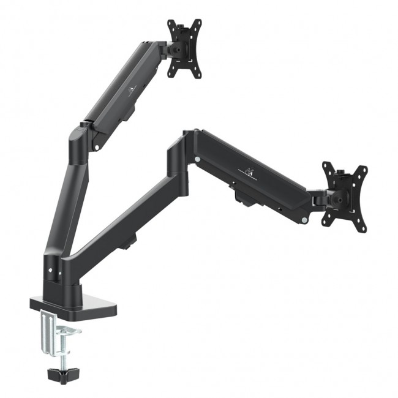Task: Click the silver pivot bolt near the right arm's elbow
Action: tap(197, 160)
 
